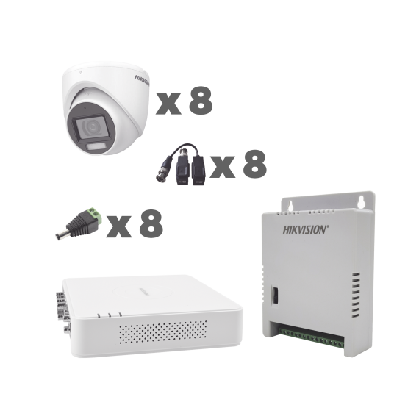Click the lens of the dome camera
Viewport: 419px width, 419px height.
[92, 126]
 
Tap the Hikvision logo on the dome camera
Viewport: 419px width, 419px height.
[142, 80]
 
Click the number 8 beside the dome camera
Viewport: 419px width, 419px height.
[201, 100]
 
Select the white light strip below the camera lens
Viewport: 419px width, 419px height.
[96, 146]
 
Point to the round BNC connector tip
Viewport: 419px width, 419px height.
[161, 178]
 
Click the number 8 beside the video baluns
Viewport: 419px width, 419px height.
[254, 163]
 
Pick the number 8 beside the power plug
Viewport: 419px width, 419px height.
[151, 223]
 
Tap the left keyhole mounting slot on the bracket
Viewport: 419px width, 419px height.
[292, 206]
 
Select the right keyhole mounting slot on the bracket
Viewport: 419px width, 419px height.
[361, 201]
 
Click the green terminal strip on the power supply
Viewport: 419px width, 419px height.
[311, 338]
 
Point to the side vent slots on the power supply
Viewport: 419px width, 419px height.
[355, 295]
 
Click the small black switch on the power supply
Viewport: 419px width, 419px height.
[275, 295]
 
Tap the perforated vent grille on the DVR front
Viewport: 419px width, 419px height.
[162, 332]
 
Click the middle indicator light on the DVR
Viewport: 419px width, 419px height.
[110, 315]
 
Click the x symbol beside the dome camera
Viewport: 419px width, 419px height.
[168, 104]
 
